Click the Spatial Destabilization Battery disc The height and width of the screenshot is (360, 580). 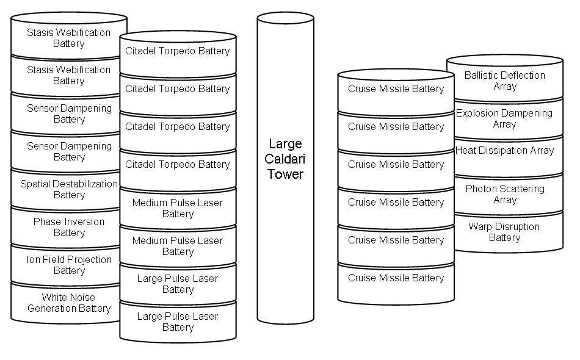click(69, 190)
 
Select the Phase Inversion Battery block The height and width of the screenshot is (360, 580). click(69, 228)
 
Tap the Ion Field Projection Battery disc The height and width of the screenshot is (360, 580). click(69, 265)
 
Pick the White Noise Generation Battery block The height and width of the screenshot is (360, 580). click(69, 303)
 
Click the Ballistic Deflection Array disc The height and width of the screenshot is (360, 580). click(505, 81)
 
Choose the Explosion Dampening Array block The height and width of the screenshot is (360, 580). click(505, 119)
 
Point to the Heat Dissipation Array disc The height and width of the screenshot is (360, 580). click(505, 151)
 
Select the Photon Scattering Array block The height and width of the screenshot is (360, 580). click(505, 195)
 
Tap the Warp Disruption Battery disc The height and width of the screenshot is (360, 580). click(505, 232)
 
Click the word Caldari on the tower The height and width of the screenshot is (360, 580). click(285, 159)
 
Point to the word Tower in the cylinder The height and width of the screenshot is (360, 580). click(285, 175)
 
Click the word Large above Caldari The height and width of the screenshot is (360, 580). click(285, 144)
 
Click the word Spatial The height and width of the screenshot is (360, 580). click(36, 184)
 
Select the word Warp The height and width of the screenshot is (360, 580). click(480, 226)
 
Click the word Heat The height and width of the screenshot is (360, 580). click(465, 151)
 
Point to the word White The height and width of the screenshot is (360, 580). click(54, 297)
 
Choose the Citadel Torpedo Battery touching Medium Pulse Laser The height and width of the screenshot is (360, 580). click(178, 165)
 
